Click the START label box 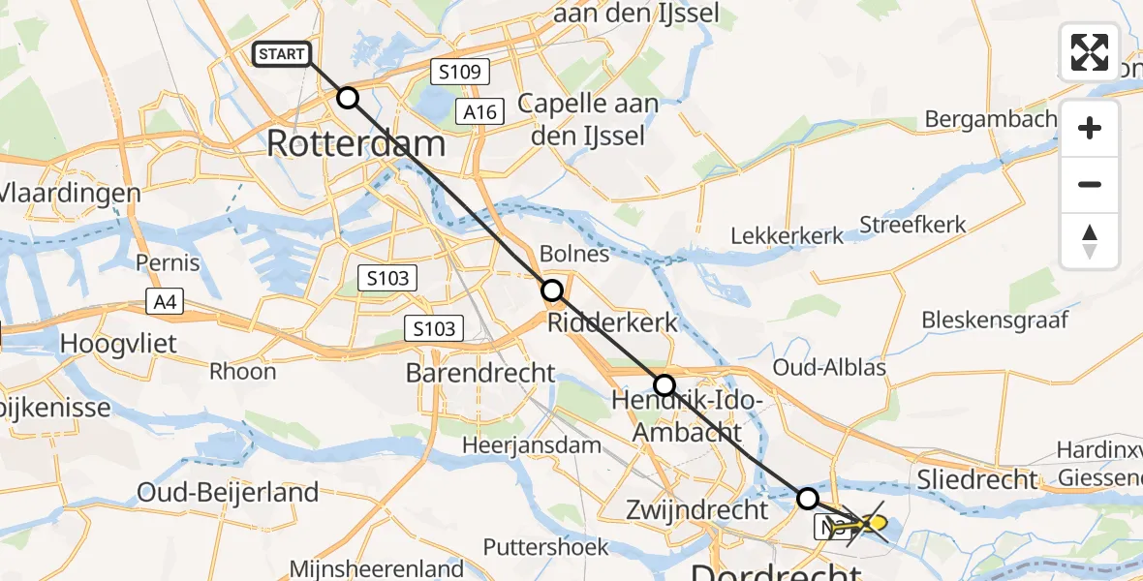pyautogui.click(x=282, y=54)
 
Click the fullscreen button pyautogui.click(x=1090, y=52)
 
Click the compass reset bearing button pyautogui.click(x=1090, y=241)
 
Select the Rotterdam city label pyautogui.click(x=355, y=143)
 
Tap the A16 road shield pyautogui.click(x=479, y=112)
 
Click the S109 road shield pyautogui.click(x=459, y=71)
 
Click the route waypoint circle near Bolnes pyautogui.click(x=551, y=290)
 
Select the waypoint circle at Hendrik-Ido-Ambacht pyautogui.click(x=664, y=385)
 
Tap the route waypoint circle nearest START pyautogui.click(x=347, y=98)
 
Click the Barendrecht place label pyautogui.click(x=480, y=373)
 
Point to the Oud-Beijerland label pyautogui.click(x=229, y=492)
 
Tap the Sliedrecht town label pyautogui.click(x=978, y=478)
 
